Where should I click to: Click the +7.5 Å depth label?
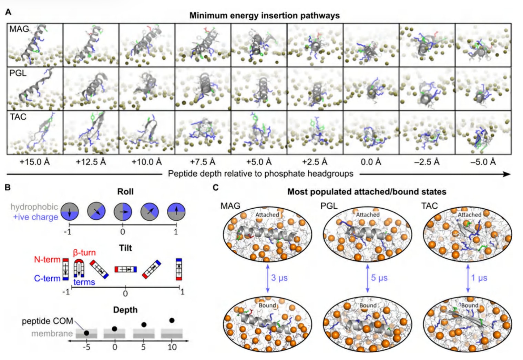pyautogui.click(x=203, y=162)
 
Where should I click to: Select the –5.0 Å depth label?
pyautogui.click(x=483, y=162)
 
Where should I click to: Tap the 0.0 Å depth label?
pyautogui.click(x=371, y=162)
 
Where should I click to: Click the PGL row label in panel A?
pyautogui.click(x=18, y=73)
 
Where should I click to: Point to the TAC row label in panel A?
pyautogui.click(x=18, y=117)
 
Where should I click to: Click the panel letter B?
pyautogui.click(x=8, y=187)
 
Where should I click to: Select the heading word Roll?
pyautogui.click(x=125, y=192)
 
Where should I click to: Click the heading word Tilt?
pyautogui.click(x=126, y=248)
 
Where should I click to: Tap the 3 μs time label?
pyautogui.click(x=279, y=278)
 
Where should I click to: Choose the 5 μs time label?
pyautogui.click(x=379, y=278)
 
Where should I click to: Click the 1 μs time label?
pyautogui.click(x=479, y=278)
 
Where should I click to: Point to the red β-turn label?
pyautogui.click(x=84, y=252)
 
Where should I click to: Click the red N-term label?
pyautogui.click(x=47, y=260)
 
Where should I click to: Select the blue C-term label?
pyautogui.click(x=47, y=279)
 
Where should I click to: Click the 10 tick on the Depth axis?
pyautogui.click(x=172, y=347)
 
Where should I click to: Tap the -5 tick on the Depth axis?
pyautogui.click(x=86, y=347)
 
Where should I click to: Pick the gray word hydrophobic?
pyautogui.click(x=34, y=207)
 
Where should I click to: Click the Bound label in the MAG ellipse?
pyautogui.click(x=267, y=305)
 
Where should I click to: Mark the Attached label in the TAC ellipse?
pyautogui.click(x=470, y=215)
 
